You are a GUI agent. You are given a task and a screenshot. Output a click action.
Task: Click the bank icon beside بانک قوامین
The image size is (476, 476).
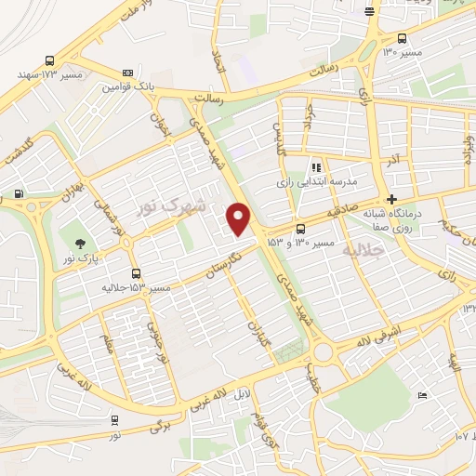pyautogui.click(x=128, y=73)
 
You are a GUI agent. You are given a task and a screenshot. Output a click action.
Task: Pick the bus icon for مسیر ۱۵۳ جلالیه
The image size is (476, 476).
pyautogui.click(x=137, y=273)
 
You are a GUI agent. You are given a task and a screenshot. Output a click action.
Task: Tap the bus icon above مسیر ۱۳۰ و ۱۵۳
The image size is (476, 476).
pyautogui.click(x=300, y=229)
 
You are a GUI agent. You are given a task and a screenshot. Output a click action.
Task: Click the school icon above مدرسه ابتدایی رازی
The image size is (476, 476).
pyautogui.click(x=317, y=167)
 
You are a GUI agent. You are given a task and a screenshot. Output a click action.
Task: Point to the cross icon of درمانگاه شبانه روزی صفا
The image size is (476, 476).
pyautogui.click(x=392, y=199)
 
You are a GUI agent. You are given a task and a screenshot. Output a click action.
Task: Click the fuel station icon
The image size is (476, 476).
pyautogui.click(x=20, y=194)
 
